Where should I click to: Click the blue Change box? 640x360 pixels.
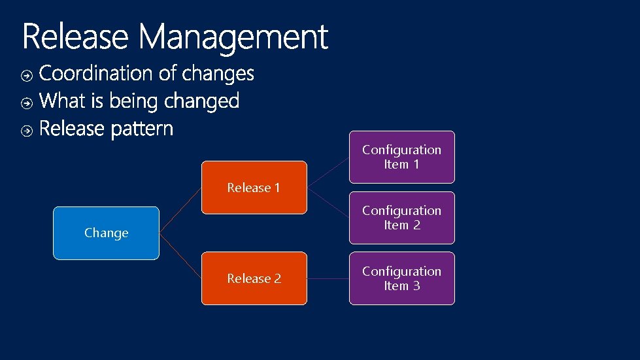point(106,233)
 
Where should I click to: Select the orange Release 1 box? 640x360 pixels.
point(254,188)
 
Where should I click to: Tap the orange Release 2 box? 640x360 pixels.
point(254,278)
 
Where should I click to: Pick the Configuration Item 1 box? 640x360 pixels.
point(401,157)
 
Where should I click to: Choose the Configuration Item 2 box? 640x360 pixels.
point(401,218)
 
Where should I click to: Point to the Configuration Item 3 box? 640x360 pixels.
point(401,278)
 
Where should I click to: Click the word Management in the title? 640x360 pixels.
point(233,38)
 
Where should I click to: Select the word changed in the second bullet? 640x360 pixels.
point(201,101)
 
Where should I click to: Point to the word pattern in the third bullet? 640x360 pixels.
point(142,129)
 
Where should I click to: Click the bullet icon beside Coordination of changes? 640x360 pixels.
point(26,76)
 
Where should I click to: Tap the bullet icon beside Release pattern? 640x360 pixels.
point(26,131)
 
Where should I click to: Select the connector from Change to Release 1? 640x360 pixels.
point(180,210)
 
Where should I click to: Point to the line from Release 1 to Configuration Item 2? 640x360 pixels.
point(328,203)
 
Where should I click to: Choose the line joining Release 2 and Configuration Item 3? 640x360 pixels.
point(328,278)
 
